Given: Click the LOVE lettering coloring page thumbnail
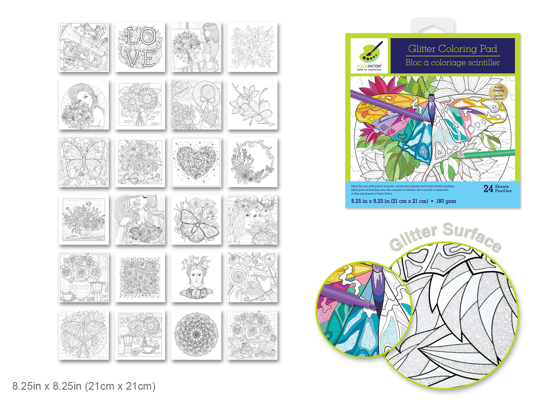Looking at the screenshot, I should (140, 47).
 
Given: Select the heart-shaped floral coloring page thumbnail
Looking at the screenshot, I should (196, 162).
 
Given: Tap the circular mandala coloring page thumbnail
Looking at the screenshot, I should (196, 335).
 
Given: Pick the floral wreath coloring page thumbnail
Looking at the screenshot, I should (252, 162).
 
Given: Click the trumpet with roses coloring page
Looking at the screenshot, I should (84, 47).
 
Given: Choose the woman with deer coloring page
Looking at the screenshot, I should (252, 220).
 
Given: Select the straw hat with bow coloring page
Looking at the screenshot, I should (196, 105).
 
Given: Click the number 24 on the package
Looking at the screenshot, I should (488, 189).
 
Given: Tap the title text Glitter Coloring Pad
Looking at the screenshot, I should (452, 49).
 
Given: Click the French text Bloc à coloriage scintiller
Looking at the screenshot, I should (452, 63).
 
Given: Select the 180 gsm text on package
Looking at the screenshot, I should (446, 201).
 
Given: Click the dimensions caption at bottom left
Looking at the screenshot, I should (84, 386).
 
